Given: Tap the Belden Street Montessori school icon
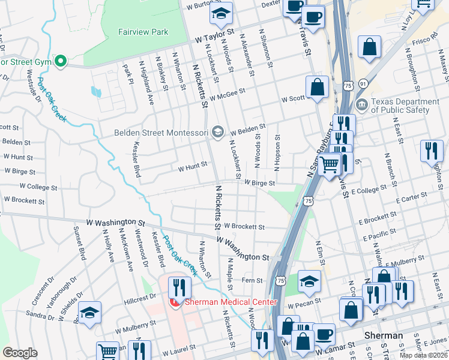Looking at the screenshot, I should coord(217,131).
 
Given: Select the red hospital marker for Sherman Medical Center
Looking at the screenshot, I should coord(175,302).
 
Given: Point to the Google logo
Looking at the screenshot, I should coord(20,352).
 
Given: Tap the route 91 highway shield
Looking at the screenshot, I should coord(363,85).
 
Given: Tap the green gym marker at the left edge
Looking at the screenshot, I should coord(60,61).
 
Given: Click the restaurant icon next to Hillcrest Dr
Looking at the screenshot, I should coord(179,286).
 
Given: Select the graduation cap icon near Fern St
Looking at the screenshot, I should coord(309,280).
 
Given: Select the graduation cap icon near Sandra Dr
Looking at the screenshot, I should coord(89,313).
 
